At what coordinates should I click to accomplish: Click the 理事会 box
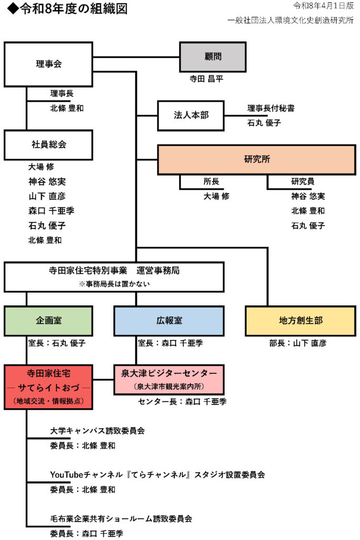(48, 64)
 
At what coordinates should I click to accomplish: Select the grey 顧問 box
(212, 57)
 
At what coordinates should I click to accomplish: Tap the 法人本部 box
(191, 115)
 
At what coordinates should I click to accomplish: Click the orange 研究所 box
(257, 159)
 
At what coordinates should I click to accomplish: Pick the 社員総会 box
(48, 144)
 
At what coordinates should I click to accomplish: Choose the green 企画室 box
(48, 321)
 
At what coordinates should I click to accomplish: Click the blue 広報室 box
(169, 321)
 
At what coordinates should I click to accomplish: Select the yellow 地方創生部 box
(300, 321)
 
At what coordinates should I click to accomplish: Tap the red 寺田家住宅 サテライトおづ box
(48, 387)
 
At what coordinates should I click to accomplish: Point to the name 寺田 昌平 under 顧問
(207, 79)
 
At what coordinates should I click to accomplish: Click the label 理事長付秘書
(271, 108)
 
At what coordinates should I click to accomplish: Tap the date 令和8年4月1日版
(323, 6)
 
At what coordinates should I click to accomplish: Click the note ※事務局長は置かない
(114, 284)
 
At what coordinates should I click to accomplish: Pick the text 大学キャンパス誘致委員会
(98, 430)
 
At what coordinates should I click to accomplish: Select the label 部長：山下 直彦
(298, 343)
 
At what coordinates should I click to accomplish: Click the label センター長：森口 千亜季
(182, 402)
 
